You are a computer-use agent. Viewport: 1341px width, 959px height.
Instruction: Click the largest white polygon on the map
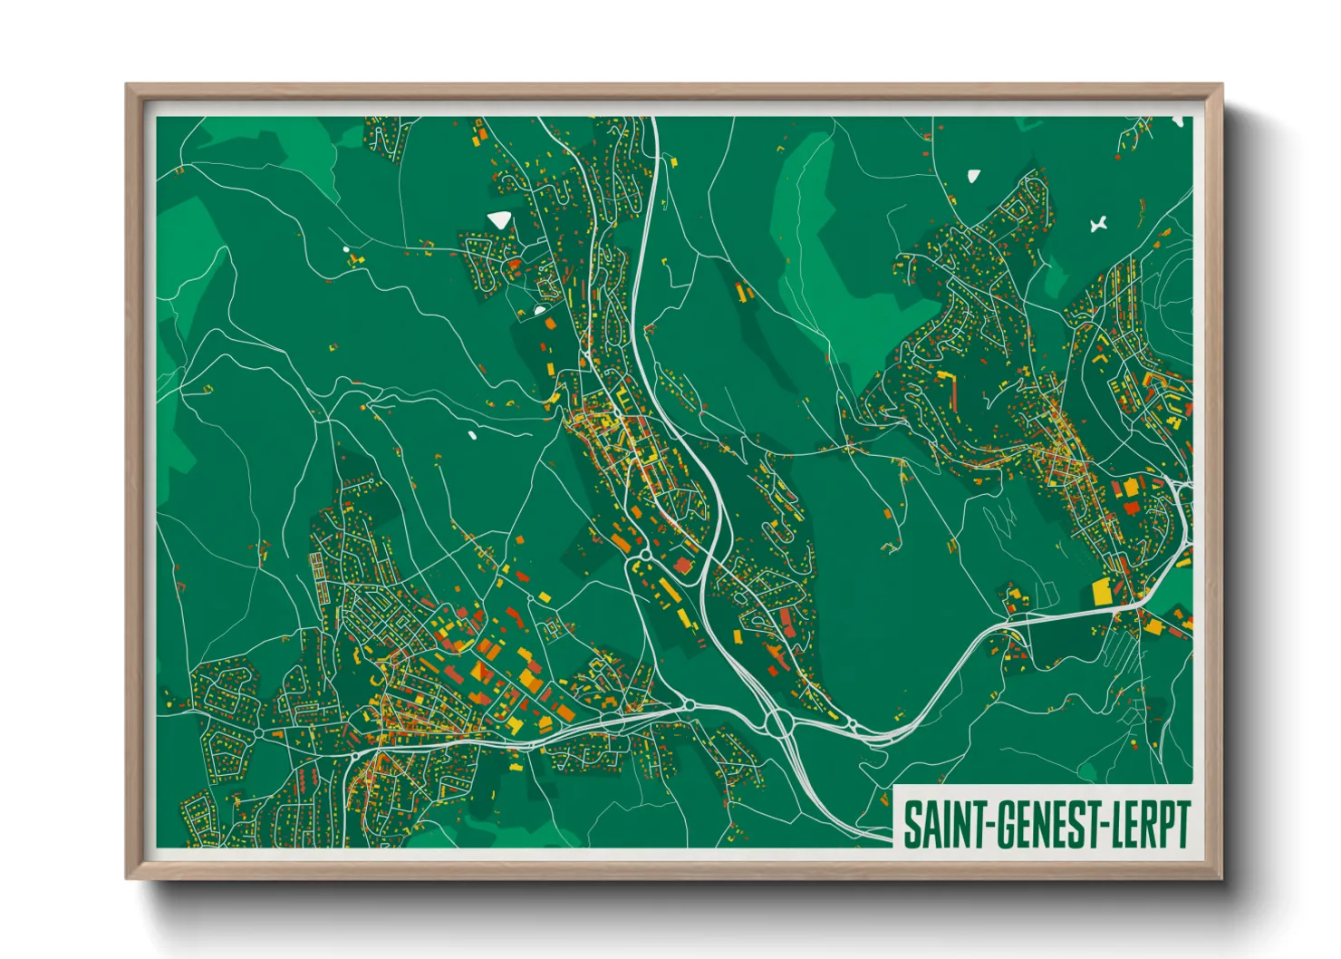[499, 218]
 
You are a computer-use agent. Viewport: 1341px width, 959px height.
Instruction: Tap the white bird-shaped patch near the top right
[1099, 223]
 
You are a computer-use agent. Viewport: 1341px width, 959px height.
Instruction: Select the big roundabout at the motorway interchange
[777, 722]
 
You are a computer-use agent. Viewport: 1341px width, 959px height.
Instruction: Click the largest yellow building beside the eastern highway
[1103, 591]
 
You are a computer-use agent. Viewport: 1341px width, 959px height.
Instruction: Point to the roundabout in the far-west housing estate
[258, 731]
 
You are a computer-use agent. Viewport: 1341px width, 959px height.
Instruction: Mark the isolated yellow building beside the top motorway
[673, 162]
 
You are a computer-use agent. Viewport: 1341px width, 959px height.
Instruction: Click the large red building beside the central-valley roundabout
[682, 566]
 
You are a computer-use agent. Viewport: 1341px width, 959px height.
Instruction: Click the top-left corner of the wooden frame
[127, 85]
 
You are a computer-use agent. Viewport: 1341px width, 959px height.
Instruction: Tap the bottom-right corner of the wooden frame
[1222, 878]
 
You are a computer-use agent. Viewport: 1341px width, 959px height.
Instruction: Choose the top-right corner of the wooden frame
[1222, 85]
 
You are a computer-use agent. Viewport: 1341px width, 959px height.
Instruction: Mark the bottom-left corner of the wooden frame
[127, 878]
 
